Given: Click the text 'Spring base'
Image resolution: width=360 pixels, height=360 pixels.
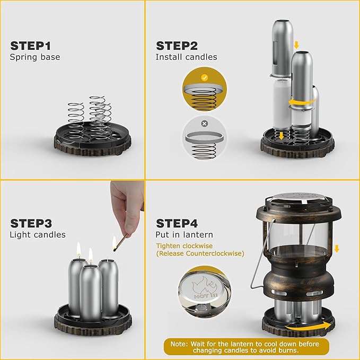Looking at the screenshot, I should pyautogui.click(x=35, y=57).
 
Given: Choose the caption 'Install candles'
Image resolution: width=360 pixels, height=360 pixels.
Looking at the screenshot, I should pyautogui.click(x=186, y=57).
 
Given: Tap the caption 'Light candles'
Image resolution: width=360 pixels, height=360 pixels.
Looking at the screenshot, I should pyautogui.click(x=38, y=234).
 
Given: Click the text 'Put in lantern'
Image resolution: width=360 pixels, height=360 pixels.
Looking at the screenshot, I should pyautogui.click(x=184, y=234).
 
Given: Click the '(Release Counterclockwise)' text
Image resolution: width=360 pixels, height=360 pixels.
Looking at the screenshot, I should pyautogui.click(x=200, y=253).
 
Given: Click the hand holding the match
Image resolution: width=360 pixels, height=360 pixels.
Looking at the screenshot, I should pyautogui.click(x=127, y=204).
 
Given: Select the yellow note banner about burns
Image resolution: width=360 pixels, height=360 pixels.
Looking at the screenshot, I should pyautogui.click(x=246, y=346).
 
